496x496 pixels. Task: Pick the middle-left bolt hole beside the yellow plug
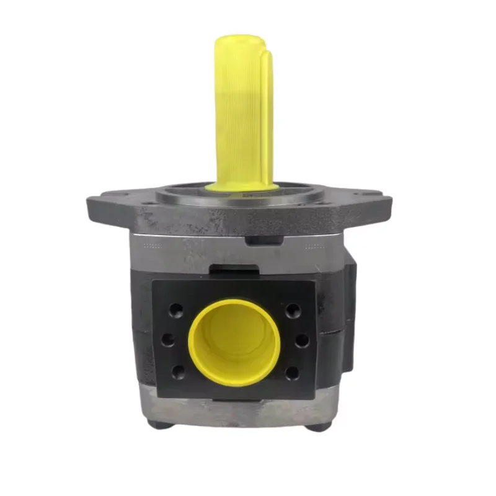[x=167, y=340]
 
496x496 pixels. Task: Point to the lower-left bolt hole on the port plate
[x=178, y=372]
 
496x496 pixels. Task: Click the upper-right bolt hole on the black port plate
[x=291, y=309]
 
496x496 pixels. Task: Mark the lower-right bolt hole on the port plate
[x=291, y=373]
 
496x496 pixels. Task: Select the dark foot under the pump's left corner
[x=159, y=424]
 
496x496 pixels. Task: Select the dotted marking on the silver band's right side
[x=316, y=246]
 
